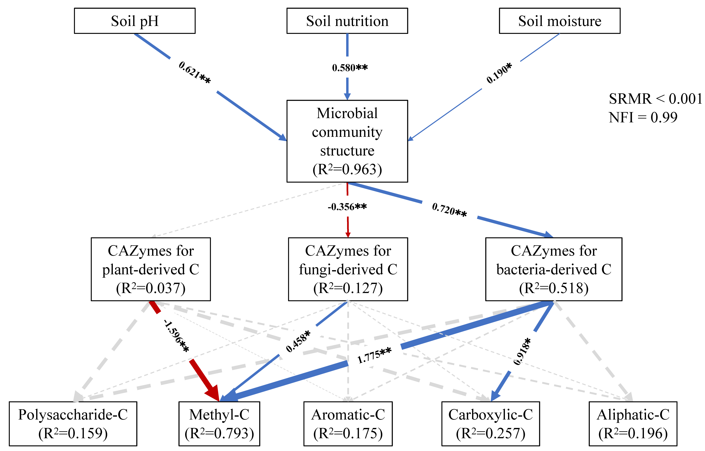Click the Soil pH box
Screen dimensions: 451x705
(x=135, y=21)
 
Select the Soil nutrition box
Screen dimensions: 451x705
(x=347, y=21)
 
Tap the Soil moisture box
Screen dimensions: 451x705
(x=559, y=21)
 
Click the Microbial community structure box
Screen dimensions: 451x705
(x=347, y=141)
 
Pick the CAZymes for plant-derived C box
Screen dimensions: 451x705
(x=151, y=269)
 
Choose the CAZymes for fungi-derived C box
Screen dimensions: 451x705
(x=348, y=269)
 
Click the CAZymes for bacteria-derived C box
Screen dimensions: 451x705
(x=554, y=269)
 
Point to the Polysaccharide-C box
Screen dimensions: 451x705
(x=73, y=423)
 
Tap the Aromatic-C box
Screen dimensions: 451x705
(x=348, y=423)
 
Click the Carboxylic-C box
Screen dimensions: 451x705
(x=491, y=423)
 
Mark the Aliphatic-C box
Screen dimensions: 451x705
(x=633, y=423)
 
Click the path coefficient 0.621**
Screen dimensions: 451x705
(x=194, y=72)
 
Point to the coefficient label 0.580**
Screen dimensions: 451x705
(x=350, y=68)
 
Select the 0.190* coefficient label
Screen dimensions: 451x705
(x=499, y=73)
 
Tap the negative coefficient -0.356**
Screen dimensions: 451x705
(x=347, y=207)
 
